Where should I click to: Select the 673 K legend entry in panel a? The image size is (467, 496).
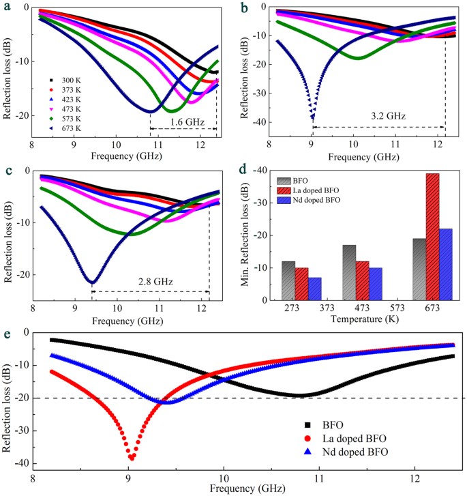tap(65, 128)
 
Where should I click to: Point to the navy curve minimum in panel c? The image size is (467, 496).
tap(91, 282)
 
